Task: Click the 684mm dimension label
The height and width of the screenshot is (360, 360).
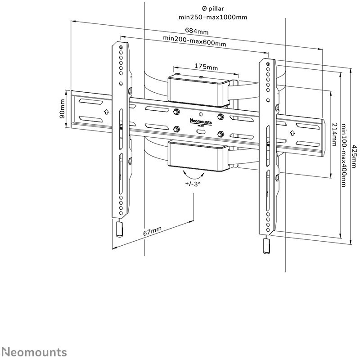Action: [197, 31]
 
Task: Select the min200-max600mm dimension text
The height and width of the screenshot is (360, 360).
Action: [194, 40]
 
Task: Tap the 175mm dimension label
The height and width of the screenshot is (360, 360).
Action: [206, 67]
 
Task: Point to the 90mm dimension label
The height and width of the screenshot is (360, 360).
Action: [62, 109]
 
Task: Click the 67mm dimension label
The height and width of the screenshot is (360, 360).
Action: [152, 231]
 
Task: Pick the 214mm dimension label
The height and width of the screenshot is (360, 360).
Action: [334, 135]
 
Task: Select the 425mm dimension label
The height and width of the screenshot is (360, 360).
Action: [355, 156]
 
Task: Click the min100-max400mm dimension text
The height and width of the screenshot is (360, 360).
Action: [343, 155]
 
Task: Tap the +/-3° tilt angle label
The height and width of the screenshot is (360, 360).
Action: [193, 184]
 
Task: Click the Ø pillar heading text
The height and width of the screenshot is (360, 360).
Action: [213, 9]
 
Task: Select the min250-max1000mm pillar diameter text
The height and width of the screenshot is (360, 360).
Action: [213, 17]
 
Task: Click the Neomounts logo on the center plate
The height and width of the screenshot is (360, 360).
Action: [201, 121]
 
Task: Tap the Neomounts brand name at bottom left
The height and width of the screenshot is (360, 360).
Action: [36, 352]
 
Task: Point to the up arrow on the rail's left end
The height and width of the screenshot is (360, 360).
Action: [106, 112]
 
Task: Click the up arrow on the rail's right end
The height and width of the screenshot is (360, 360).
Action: [292, 133]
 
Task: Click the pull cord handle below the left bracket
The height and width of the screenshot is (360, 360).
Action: [119, 229]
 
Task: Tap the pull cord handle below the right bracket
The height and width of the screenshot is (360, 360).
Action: [266, 246]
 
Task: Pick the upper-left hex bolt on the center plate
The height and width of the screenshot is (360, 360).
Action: [176, 112]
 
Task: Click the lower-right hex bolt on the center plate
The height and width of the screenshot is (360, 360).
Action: [220, 134]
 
